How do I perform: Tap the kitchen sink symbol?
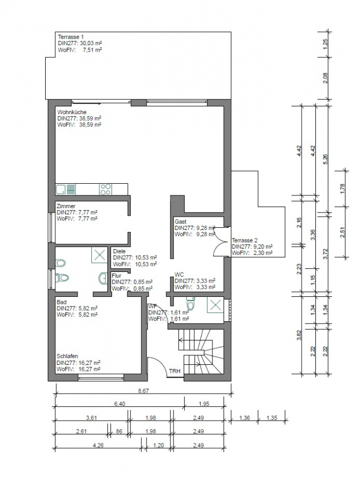click(66, 189)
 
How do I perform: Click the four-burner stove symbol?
click(106, 189)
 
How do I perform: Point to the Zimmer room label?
click(66, 206)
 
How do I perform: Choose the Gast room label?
click(180, 221)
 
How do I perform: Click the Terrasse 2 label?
click(244, 240)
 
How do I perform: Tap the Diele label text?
click(119, 251)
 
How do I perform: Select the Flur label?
click(116, 276)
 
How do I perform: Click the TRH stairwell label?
click(174, 371)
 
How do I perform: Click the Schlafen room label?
click(68, 356)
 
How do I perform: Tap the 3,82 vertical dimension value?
click(299, 335)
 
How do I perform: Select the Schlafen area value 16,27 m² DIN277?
click(85, 362)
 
